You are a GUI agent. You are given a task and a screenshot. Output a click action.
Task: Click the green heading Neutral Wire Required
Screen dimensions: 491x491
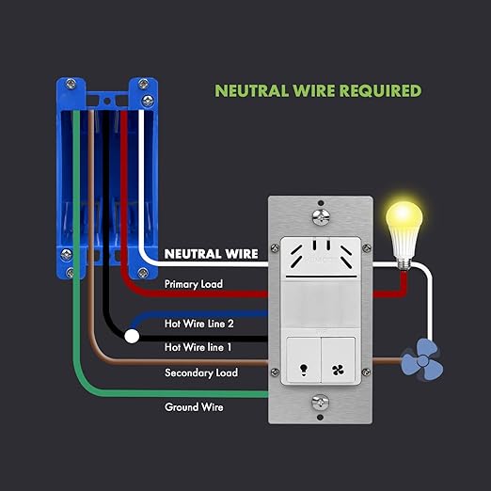click(x=318, y=90)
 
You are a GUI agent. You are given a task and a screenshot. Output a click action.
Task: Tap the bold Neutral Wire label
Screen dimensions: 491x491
click(x=211, y=254)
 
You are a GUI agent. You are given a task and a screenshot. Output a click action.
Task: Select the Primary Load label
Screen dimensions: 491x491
click(x=194, y=284)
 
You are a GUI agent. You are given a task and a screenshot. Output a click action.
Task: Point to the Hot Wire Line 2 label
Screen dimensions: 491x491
click(x=198, y=324)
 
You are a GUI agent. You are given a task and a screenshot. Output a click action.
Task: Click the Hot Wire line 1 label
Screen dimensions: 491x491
click(x=198, y=347)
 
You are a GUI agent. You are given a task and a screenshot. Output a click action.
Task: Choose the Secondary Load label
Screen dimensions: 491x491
click(x=201, y=372)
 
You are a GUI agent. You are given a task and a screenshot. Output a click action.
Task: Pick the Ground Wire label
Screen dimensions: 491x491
click(x=194, y=407)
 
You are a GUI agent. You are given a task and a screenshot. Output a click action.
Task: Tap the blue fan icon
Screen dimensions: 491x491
click(x=422, y=359)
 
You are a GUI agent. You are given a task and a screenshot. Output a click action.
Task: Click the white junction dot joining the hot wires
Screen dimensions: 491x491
click(x=132, y=337)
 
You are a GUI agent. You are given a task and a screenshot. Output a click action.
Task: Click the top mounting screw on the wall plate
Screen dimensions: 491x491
click(x=321, y=216)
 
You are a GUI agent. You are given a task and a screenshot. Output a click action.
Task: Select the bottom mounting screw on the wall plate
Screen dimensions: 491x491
click(x=321, y=403)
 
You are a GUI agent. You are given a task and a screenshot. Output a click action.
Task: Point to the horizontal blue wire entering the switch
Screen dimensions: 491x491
click(x=200, y=314)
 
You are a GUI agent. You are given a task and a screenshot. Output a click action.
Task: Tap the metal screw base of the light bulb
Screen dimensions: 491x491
click(x=404, y=263)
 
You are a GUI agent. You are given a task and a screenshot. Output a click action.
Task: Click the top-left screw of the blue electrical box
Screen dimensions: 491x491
click(x=71, y=84)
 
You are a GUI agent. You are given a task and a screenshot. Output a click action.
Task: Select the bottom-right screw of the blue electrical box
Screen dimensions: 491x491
click(x=143, y=273)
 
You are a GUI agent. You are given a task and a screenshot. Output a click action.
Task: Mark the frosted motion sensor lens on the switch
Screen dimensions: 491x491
click(x=321, y=305)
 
